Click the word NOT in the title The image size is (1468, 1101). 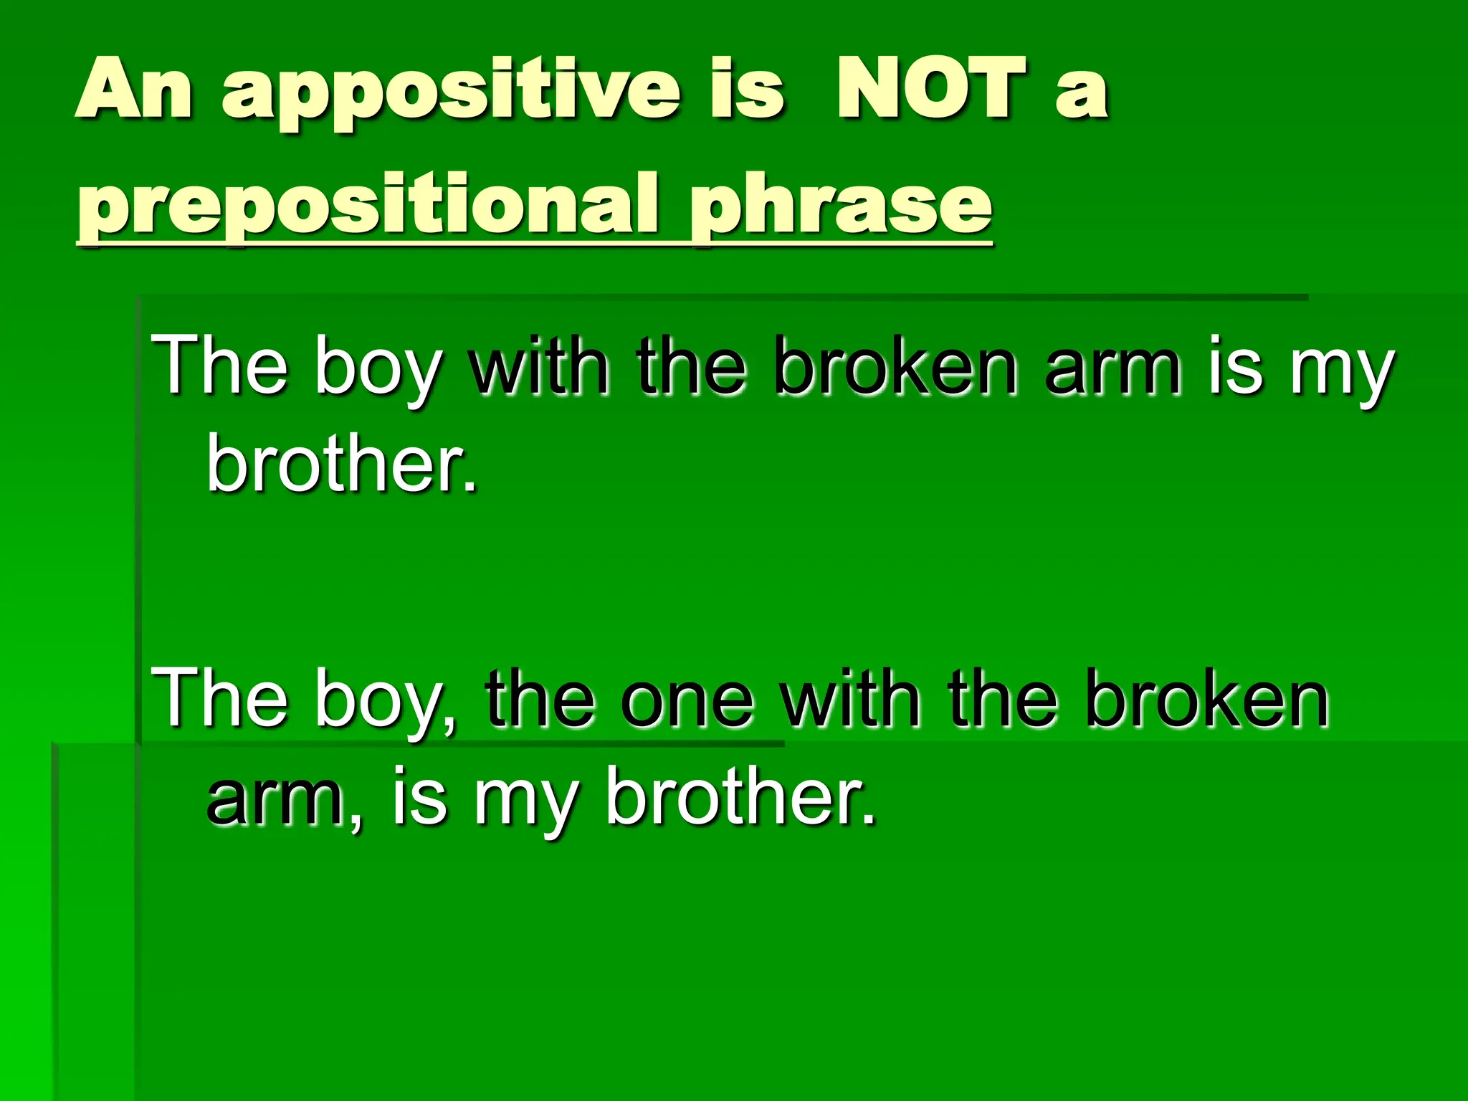[x=932, y=90]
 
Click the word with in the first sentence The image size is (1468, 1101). [x=538, y=367]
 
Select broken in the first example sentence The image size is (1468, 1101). [x=896, y=367]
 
